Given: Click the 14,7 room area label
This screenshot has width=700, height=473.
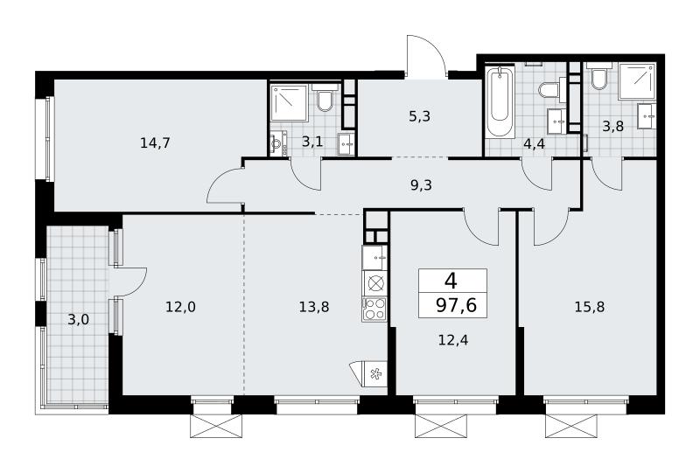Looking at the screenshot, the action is [x=155, y=143].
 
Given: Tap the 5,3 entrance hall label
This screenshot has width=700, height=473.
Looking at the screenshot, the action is [x=419, y=116].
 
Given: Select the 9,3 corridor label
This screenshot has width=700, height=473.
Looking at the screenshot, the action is [x=421, y=184].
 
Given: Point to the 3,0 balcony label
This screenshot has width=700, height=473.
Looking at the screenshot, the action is [x=79, y=319].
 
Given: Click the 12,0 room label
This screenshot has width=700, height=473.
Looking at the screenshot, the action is [x=181, y=307].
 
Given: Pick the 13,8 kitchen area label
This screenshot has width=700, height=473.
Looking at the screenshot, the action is [x=314, y=307].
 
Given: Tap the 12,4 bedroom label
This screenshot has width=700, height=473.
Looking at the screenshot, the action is [x=453, y=340].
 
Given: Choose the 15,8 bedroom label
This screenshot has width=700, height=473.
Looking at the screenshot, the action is [x=590, y=307].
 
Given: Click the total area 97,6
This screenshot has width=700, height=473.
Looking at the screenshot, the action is [x=456, y=306].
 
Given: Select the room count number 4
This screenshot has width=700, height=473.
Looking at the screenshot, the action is [x=451, y=282].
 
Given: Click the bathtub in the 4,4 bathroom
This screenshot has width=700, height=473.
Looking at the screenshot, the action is [x=500, y=101].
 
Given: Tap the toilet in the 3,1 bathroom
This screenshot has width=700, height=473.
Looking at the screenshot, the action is [x=325, y=99].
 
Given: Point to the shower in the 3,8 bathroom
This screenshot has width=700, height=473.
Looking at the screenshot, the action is [x=637, y=80].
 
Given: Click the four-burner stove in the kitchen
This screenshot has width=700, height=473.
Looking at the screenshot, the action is [x=374, y=309].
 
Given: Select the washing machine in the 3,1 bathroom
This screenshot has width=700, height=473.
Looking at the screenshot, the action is [x=278, y=144].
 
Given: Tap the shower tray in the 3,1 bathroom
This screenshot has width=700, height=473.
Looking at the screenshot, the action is [x=289, y=103].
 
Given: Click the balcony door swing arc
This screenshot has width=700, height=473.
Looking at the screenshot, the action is [x=133, y=282].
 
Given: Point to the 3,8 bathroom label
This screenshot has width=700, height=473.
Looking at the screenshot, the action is [x=612, y=126].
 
